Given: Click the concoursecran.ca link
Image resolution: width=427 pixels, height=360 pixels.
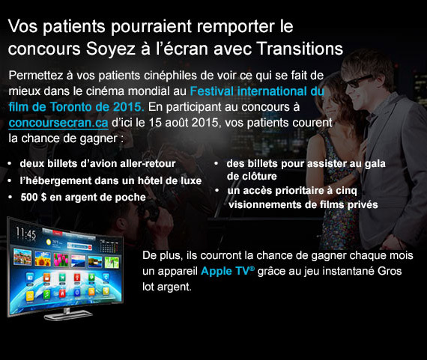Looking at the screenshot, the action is (58, 123).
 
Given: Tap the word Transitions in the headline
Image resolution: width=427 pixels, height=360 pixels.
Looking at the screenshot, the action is (300, 49).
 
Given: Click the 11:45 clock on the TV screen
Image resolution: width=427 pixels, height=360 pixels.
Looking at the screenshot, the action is (26, 233).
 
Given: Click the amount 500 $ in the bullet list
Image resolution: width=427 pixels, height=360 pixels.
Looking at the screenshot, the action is (33, 198).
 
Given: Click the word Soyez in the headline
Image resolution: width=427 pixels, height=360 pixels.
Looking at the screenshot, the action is (111, 49).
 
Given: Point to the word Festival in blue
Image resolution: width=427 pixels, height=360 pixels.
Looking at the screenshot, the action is (211, 91).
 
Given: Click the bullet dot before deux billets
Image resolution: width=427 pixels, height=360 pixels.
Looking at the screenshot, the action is (10, 164).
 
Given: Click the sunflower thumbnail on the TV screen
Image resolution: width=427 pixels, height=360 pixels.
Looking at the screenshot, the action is (43, 259).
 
